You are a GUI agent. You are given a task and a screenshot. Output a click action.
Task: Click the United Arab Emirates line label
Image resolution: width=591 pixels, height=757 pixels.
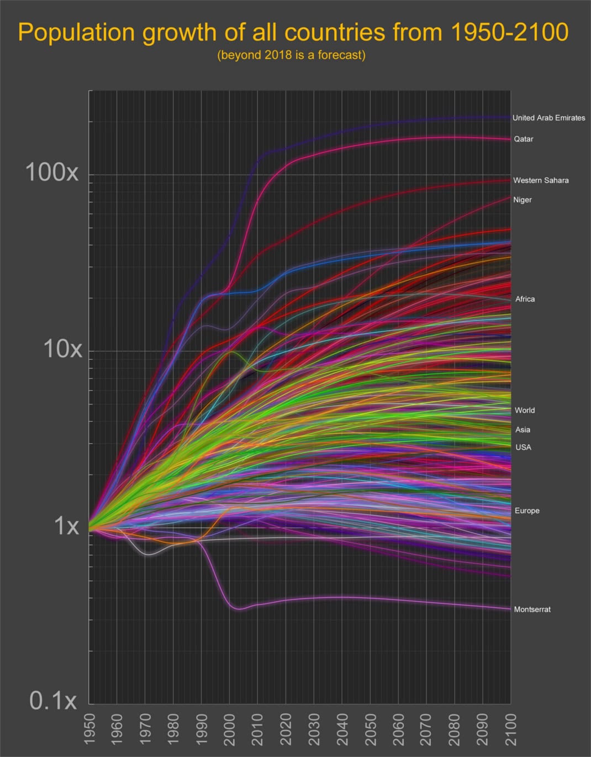tap(548, 118)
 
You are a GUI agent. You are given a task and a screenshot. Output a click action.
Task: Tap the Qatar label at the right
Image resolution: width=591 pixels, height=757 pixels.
tap(524, 139)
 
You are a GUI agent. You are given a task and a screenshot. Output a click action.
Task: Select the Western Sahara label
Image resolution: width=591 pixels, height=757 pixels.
tap(541, 180)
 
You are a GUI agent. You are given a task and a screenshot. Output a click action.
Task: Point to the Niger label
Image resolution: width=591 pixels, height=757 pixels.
tap(523, 199)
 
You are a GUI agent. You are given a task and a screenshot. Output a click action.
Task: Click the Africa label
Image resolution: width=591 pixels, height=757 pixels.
tap(525, 299)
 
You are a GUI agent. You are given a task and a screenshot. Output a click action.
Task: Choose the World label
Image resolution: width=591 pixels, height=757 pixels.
tap(525, 410)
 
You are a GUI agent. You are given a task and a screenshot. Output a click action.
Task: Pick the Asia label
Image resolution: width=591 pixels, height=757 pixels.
tap(523, 429)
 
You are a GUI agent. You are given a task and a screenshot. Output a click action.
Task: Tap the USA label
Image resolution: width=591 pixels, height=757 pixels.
tap(523, 447)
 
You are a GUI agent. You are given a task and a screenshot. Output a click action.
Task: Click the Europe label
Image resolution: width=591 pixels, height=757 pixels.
tap(527, 511)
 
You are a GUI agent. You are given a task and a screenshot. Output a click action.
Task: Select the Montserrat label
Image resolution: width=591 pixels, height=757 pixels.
tap(532, 609)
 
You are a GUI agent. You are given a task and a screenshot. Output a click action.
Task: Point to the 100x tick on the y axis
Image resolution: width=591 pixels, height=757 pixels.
tap(52, 173)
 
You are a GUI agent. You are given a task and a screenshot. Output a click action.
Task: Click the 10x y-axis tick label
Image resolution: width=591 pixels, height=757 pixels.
tap(62, 349)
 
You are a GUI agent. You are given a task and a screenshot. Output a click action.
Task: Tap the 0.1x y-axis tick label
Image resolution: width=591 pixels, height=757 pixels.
tap(53, 701)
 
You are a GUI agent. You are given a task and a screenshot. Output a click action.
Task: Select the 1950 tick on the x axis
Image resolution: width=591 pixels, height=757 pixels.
tap(89, 729)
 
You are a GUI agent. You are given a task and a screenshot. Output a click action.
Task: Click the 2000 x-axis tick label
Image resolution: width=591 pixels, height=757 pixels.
tap(230, 729)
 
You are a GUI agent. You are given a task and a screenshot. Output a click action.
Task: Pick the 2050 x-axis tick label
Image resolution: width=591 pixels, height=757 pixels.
tap(370, 729)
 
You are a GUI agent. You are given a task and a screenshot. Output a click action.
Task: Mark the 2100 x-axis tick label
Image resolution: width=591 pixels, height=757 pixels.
tap(511, 729)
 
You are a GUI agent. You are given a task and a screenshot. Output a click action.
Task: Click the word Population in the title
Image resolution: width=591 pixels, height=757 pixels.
tap(76, 33)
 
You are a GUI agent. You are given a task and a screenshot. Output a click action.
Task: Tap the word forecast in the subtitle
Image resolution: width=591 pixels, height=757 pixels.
tap(336, 55)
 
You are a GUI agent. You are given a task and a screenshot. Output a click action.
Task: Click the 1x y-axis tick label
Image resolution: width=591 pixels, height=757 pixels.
tap(66, 525)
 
